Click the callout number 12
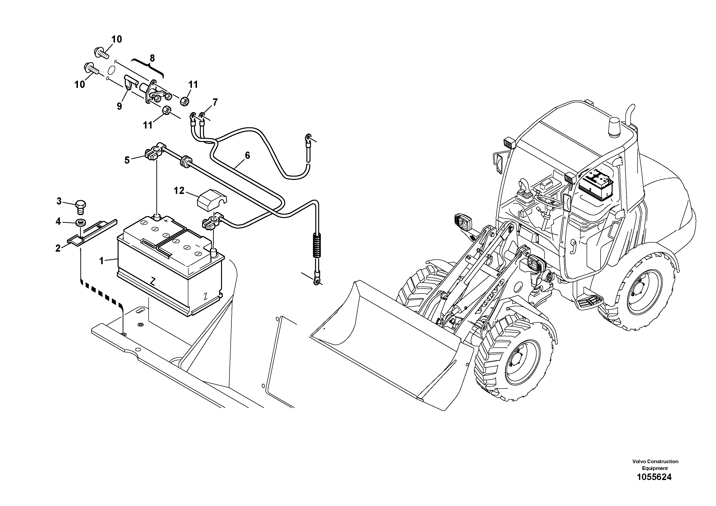[x=179, y=191]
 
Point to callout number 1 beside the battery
[x=101, y=261]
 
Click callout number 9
[x=120, y=106]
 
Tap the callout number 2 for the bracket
[x=58, y=249]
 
